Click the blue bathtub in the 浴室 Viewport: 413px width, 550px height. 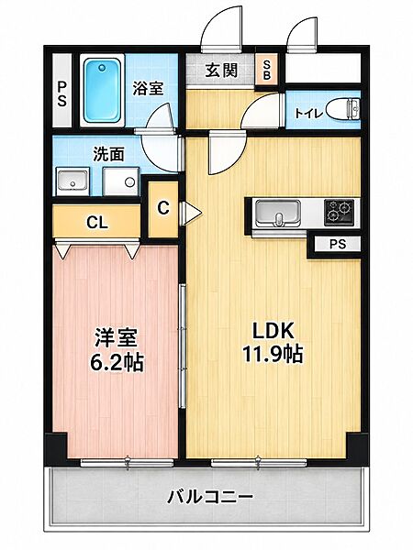102,90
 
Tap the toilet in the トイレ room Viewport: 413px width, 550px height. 342,110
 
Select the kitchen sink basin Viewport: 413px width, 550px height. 278,214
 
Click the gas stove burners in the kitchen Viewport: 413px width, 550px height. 339,213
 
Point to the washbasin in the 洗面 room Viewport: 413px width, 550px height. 73,181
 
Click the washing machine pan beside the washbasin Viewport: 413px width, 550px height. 120,181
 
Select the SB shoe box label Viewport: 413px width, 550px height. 267,70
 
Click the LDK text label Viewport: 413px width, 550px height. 273,331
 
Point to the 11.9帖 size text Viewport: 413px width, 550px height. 273,354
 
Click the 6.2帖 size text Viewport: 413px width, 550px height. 117,363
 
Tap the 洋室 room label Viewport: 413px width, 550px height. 116,338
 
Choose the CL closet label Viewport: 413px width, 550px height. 97,223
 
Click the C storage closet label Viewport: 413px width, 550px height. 163,208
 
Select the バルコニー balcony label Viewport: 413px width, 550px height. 209,497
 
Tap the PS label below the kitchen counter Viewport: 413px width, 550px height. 338,244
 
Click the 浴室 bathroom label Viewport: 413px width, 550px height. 148,88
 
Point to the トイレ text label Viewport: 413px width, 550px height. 308,114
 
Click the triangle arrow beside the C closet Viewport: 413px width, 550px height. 193,213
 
